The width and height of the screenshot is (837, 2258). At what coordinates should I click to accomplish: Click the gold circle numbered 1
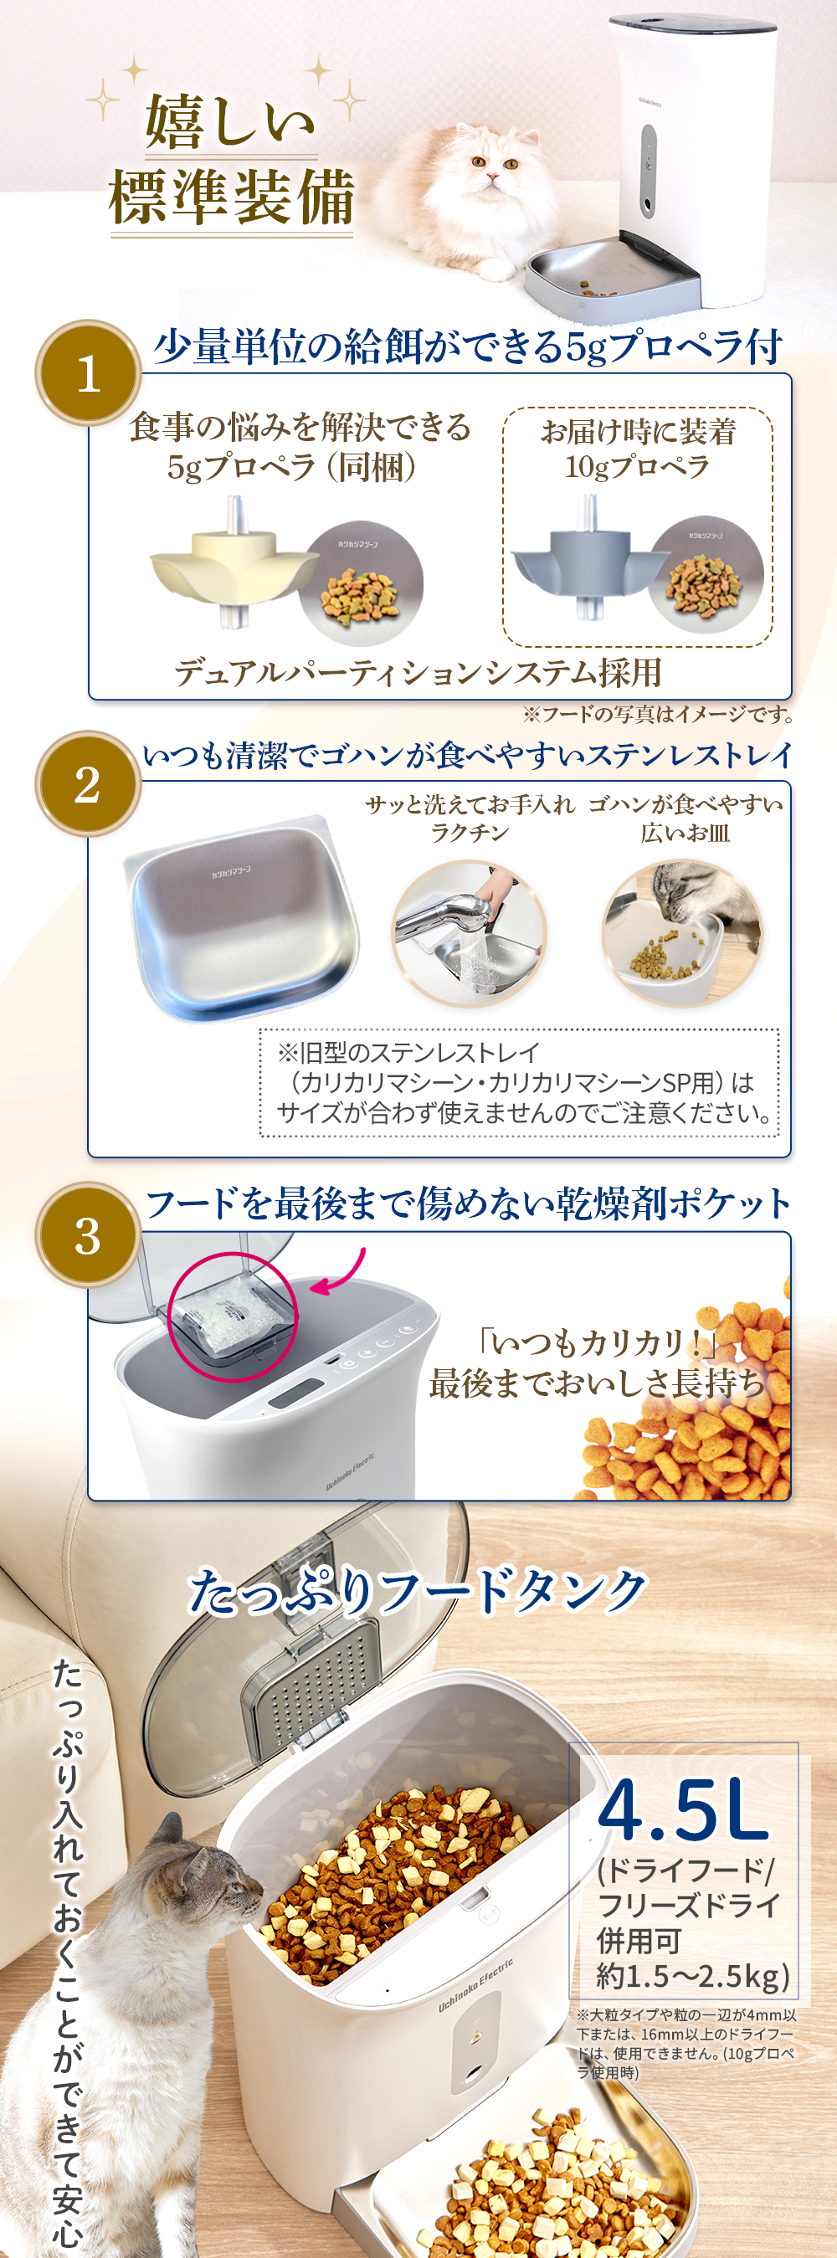88,373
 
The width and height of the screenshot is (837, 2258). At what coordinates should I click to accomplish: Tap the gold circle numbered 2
88,783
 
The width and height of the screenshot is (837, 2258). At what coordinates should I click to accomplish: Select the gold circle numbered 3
88,1235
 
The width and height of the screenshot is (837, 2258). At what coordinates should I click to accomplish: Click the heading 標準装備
231,198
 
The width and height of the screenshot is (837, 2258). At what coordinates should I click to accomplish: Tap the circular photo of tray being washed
470,934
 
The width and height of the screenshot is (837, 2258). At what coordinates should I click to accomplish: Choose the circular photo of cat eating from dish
682,934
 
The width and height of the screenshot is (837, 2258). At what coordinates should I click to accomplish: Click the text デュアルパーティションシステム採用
418,673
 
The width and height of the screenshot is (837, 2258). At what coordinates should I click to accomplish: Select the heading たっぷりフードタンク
418,1591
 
